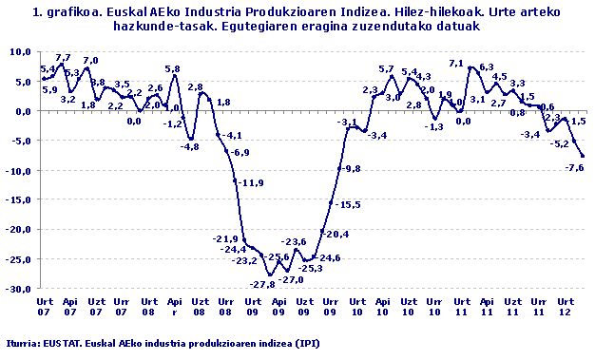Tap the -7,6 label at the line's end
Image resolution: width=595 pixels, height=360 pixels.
pos(574,167)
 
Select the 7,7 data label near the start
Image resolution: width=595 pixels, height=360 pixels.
pos(64,58)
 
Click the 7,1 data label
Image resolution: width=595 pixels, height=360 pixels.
pos(456,64)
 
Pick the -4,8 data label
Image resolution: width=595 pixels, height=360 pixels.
pos(190,146)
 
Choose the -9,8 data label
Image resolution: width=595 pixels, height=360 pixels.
pos(351,168)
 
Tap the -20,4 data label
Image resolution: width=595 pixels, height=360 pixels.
pos(336,234)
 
